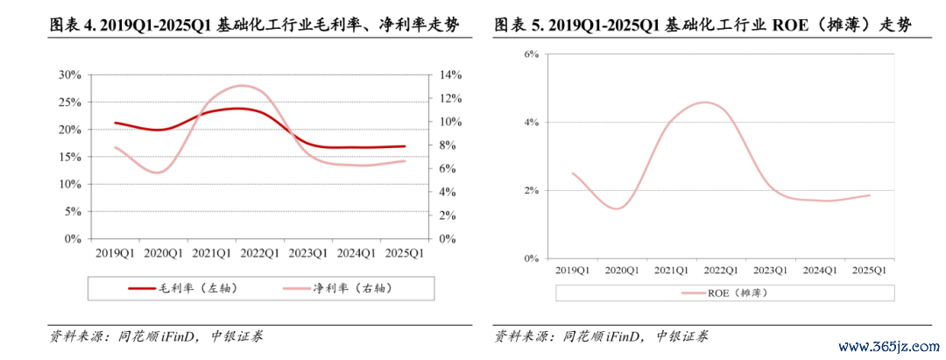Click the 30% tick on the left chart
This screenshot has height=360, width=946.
69,74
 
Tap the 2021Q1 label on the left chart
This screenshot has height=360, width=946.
210,253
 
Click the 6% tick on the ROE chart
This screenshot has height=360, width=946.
531,53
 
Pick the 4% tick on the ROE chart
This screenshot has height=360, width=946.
531,122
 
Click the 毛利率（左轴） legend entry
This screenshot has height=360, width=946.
184,287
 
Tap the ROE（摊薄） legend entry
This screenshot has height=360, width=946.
724,293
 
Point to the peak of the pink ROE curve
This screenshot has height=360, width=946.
708,102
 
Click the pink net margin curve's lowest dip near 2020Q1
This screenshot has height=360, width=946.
158,173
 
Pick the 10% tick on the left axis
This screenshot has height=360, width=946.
69,184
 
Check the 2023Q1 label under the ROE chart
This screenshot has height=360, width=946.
768,270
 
